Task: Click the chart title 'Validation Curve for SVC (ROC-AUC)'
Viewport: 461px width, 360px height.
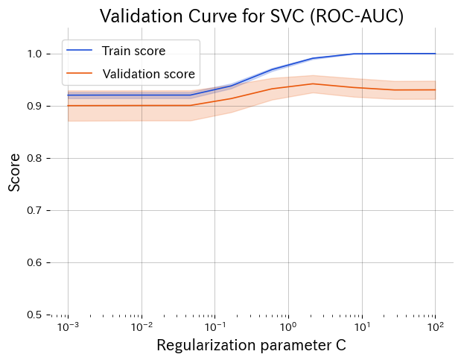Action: click(252, 16)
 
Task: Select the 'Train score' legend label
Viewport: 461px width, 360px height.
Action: click(134, 51)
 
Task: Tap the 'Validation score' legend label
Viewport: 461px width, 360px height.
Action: click(148, 74)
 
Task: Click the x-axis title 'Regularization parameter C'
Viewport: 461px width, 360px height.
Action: click(251, 346)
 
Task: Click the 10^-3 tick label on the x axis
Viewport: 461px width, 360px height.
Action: click(68, 327)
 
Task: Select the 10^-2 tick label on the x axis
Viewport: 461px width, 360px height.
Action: click(142, 327)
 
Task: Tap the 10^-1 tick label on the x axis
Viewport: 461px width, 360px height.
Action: click(214, 327)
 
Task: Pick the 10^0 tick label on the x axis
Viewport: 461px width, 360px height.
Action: click(288, 327)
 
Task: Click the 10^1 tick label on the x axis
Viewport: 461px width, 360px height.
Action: click(362, 327)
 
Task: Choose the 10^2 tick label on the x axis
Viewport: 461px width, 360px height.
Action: click(435, 327)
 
